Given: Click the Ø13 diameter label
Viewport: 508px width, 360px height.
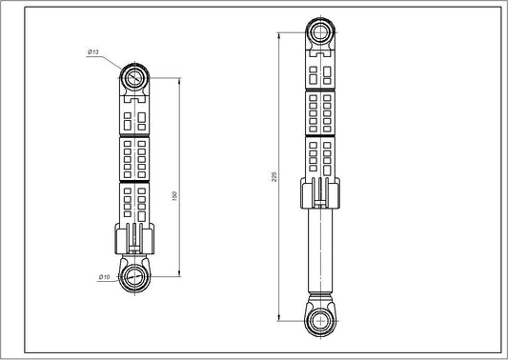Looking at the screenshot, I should pos(94,53).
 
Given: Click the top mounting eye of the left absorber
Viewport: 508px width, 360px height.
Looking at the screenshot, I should pos(134,76).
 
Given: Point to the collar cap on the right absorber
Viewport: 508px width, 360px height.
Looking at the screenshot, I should pos(318,194).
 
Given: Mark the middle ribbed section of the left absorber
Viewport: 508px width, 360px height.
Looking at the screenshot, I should pos(134,159).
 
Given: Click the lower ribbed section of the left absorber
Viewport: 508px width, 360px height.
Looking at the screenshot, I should pos(134,202).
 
